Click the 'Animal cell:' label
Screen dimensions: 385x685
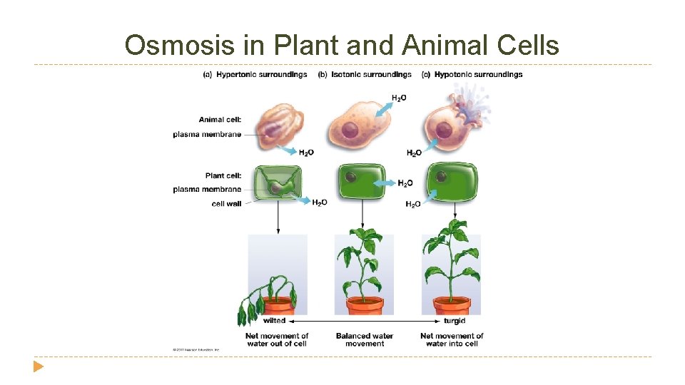(x=220, y=120)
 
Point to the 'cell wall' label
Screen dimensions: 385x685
(x=226, y=204)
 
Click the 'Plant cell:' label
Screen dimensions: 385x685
(x=223, y=175)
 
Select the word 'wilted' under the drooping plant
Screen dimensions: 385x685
(x=274, y=321)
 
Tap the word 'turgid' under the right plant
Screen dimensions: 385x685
(x=455, y=321)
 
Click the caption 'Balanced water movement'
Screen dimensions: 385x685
(x=364, y=339)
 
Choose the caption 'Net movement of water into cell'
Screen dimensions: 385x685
(x=452, y=339)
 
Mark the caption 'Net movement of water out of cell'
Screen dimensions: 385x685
(x=277, y=339)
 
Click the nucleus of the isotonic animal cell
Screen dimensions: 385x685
(x=350, y=130)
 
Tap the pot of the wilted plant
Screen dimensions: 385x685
(x=278, y=305)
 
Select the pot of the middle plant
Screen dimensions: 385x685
(x=364, y=305)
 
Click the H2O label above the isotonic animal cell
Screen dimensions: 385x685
(x=399, y=98)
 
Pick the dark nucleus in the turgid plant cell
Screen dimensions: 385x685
(x=442, y=176)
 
